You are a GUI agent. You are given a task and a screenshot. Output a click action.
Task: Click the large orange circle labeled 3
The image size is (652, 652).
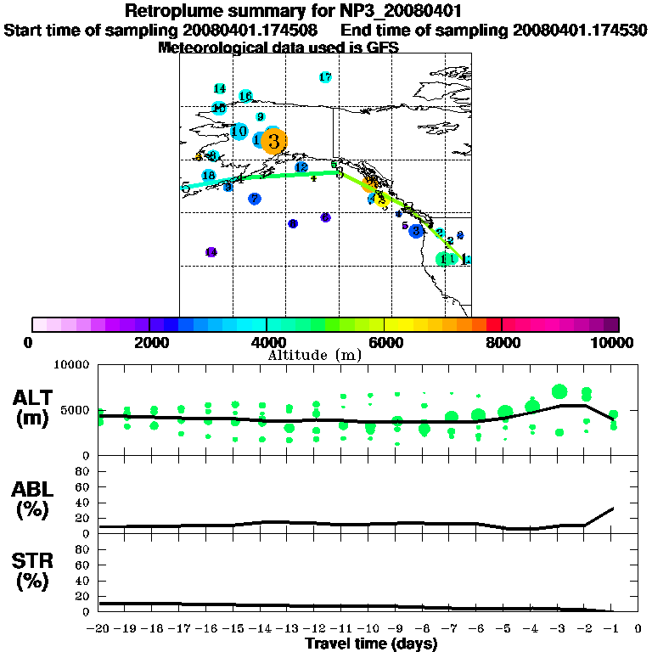pos(273,141)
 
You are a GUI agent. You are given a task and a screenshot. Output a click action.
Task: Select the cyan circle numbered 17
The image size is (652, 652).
pos(325,77)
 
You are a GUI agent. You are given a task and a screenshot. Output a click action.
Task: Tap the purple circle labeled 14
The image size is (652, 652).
pos(211,252)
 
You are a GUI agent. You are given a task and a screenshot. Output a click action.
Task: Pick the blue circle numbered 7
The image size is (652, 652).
pos(255,199)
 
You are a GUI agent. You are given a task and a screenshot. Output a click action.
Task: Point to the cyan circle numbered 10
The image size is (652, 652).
pos(239,132)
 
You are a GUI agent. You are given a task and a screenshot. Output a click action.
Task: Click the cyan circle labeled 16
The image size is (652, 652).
pos(245,96)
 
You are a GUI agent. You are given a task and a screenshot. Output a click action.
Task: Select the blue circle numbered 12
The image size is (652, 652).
pos(301,167)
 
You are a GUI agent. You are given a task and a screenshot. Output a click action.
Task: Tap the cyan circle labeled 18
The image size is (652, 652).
pos(209,175)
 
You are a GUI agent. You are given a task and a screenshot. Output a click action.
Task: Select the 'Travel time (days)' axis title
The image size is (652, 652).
pos(371,644)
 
